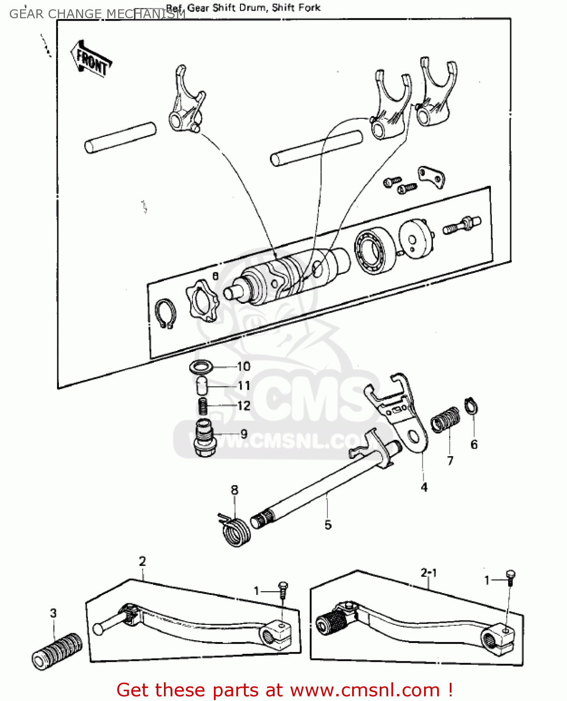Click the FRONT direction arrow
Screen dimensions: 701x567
point(92,59)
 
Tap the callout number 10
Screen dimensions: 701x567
point(243,366)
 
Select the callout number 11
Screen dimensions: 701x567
point(244,386)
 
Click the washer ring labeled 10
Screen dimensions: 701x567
point(201,367)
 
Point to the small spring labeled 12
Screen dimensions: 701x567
point(203,406)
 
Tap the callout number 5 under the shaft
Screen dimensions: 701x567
point(328,525)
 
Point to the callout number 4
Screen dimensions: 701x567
point(424,487)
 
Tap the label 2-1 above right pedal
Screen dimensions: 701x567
point(429,572)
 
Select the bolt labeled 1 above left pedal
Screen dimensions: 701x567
point(283,589)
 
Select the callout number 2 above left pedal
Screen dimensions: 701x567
point(142,561)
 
